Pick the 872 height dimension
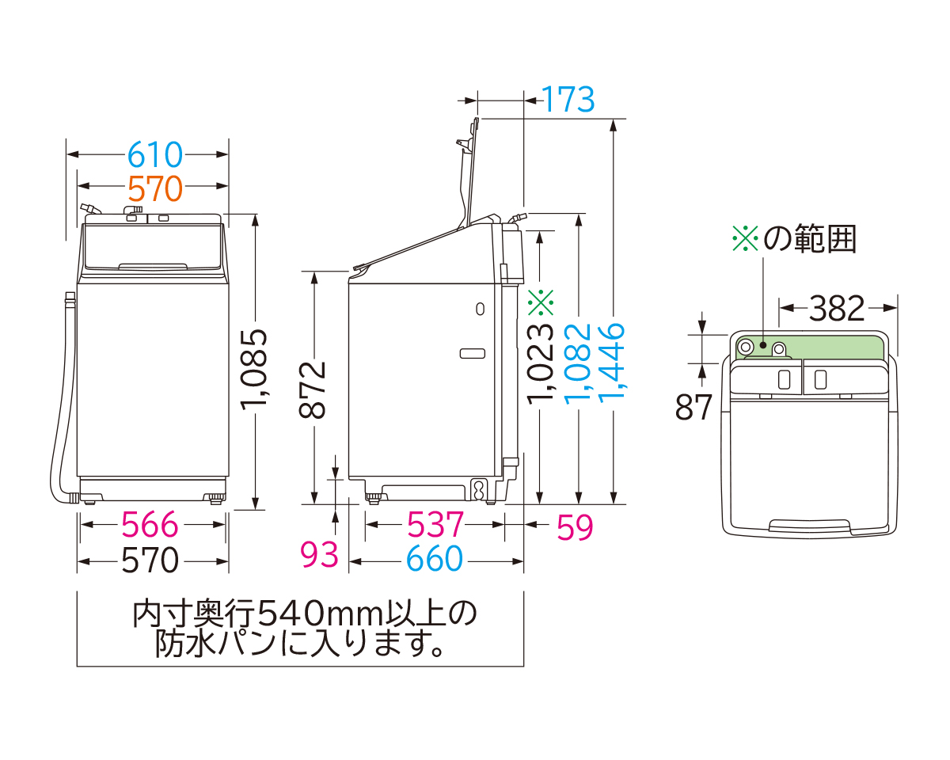314,389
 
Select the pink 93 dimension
320,556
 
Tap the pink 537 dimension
435,525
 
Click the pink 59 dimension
575,527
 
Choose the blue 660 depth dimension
435,560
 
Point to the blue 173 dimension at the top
568,100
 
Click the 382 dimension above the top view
838,308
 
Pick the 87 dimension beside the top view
694,406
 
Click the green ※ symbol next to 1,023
541,301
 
